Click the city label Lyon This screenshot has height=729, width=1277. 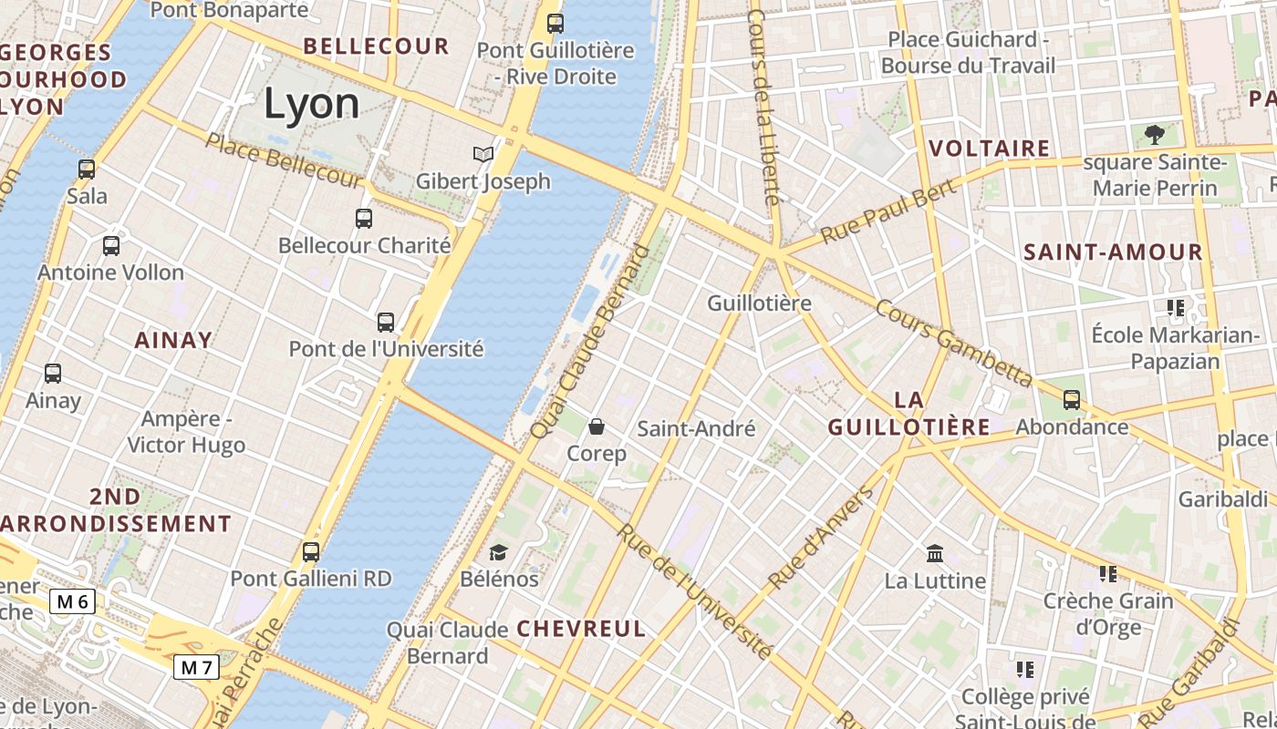(x=312, y=104)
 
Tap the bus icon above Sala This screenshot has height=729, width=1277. (x=87, y=169)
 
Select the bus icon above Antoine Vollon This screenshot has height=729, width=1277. (x=111, y=245)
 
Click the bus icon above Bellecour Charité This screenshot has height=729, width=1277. (x=364, y=218)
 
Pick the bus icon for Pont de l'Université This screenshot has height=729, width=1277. (x=386, y=322)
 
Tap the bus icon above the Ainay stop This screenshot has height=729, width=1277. (x=53, y=373)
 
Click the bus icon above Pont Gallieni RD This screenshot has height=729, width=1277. (x=311, y=551)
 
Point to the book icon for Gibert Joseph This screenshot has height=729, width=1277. (x=483, y=154)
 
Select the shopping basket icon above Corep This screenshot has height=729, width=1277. (x=597, y=426)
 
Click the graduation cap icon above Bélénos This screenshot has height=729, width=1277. (x=498, y=551)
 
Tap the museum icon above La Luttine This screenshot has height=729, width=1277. (x=935, y=553)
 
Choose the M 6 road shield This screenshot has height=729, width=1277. (x=72, y=601)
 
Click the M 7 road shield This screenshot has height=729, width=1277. (x=196, y=667)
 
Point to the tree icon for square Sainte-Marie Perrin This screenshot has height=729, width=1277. (x=1155, y=135)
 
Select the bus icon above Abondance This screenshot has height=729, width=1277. (x=1072, y=399)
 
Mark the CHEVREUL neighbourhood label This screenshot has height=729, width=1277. (x=581, y=629)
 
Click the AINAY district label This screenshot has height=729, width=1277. (x=173, y=341)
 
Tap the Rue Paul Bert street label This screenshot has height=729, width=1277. (x=888, y=211)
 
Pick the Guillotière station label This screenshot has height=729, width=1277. (x=759, y=303)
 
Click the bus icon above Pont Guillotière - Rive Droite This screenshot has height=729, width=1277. (x=555, y=23)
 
